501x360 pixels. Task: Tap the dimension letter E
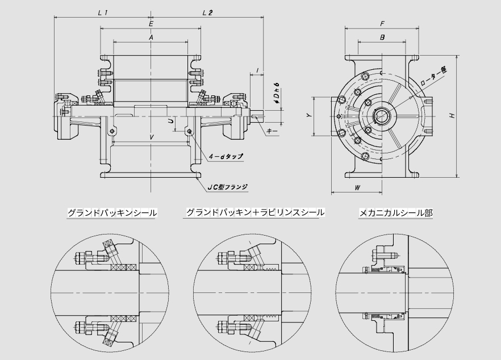pos(151,24)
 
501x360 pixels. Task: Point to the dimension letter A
pos(151,37)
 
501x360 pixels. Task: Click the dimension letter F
pos(382,24)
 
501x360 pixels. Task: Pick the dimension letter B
pos(382,37)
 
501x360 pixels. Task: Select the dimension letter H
pos(452,116)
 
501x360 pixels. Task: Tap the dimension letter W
pos(357,187)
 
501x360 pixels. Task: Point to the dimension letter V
pos(151,137)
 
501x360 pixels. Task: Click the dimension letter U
pos(170,121)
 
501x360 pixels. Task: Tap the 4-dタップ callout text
pos(226,156)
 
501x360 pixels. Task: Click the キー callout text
pos(272,131)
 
